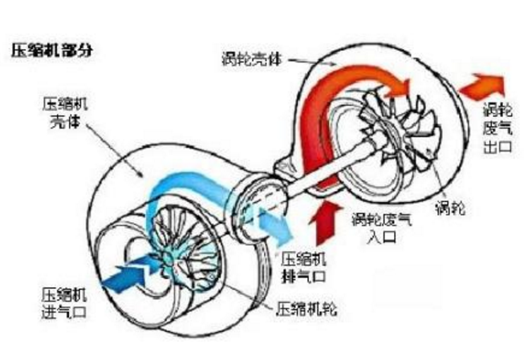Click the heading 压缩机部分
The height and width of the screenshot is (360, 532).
[51, 50]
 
